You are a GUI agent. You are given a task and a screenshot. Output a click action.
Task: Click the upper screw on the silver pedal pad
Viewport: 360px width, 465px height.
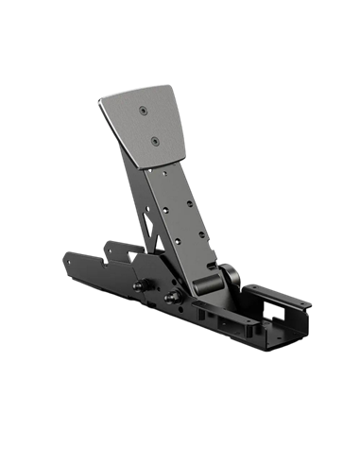[x=142, y=112]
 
